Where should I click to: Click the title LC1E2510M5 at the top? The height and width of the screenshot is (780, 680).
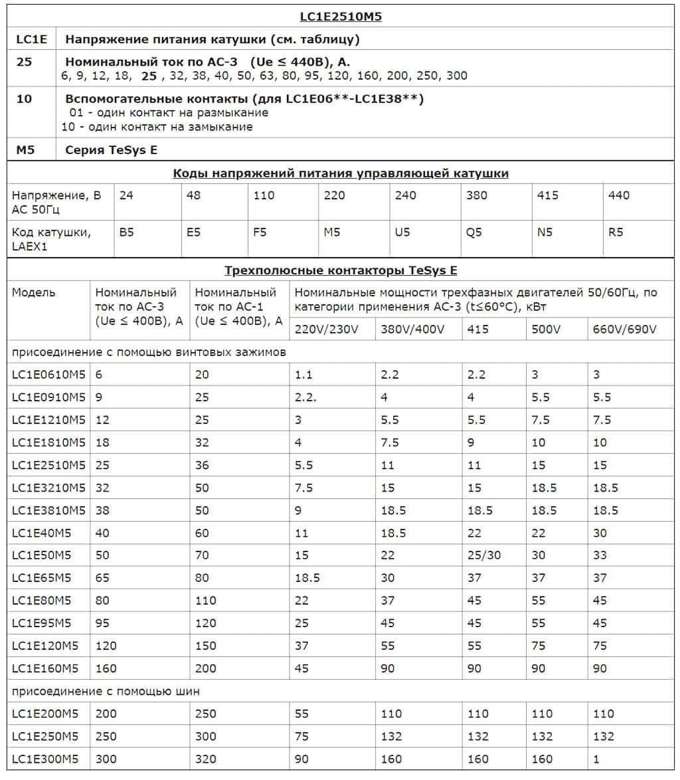pyautogui.click(x=340, y=17)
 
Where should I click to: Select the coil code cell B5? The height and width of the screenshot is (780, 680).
pyautogui.click(x=127, y=233)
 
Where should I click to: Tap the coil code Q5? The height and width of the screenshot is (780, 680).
pyautogui.click(x=474, y=233)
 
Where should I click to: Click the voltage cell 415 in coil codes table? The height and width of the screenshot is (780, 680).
pyautogui.click(x=548, y=195)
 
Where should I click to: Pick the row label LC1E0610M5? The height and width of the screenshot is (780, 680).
pyautogui.click(x=49, y=375)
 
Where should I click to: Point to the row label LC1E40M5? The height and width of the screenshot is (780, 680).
pyautogui.click(x=41, y=533)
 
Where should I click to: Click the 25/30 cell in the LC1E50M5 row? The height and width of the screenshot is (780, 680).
pyautogui.click(x=484, y=555)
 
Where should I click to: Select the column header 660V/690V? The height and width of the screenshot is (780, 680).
pyautogui.click(x=624, y=330)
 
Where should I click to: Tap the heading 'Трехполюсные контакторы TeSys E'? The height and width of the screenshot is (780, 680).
pyautogui.click(x=341, y=270)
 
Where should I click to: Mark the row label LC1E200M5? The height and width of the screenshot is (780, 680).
pyautogui.click(x=45, y=714)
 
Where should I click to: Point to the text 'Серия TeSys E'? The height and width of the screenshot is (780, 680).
pyautogui.click(x=112, y=150)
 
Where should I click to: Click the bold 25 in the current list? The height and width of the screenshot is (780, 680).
pyautogui.click(x=149, y=76)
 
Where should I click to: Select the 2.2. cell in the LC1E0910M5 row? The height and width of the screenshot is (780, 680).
pyautogui.click(x=305, y=397)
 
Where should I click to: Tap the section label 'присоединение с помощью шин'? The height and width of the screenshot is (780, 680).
pyautogui.click(x=106, y=692)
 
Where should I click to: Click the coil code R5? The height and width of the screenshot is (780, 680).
pyautogui.click(x=616, y=233)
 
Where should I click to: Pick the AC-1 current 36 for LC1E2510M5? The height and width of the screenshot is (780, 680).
pyautogui.click(x=202, y=465)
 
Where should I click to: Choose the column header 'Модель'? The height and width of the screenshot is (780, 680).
pyautogui.click(x=34, y=292)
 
